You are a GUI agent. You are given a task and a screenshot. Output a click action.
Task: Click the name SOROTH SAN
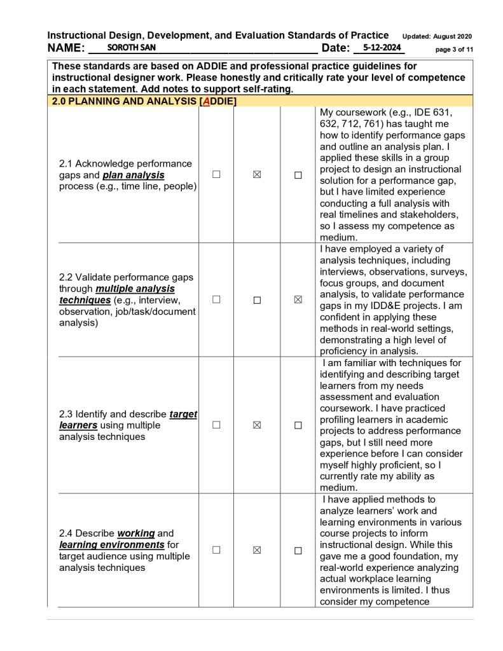[x=131, y=48]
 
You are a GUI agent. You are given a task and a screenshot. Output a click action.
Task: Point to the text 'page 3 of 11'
[x=454, y=49]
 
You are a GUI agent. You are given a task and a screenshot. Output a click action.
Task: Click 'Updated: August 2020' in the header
[x=437, y=36]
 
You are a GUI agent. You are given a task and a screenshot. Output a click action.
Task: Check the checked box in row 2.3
[x=257, y=425]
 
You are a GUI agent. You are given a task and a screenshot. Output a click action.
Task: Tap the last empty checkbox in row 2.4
[x=298, y=551]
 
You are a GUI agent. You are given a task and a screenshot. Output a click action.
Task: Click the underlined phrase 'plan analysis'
[x=134, y=175]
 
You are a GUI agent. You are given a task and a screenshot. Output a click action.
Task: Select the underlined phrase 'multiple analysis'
[x=135, y=289]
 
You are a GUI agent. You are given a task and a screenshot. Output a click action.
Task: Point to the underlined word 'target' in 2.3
[x=183, y=414]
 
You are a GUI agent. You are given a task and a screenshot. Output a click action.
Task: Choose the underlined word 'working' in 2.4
[x=136, y=533]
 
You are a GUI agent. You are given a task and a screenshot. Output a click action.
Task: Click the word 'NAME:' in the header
[x=66, y=48]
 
